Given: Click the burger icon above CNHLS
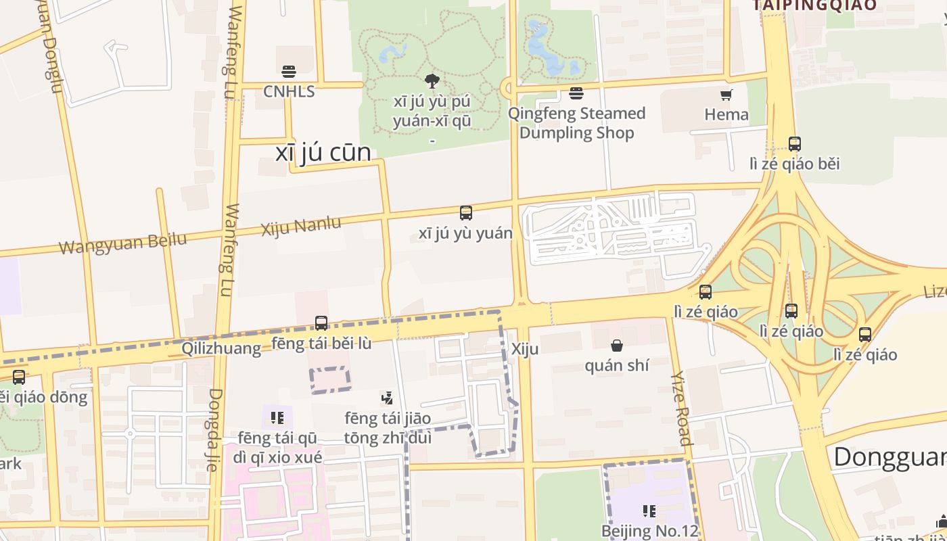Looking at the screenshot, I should [x=289, y=72].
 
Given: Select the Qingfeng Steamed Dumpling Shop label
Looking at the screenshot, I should [x=576, y=122].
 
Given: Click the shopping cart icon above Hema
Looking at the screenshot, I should [x=726, y=95].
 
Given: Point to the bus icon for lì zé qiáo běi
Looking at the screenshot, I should [x=794, y=143].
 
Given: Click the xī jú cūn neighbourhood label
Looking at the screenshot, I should [x=323, y=152].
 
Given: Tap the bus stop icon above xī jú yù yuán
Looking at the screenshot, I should [x=465, y=213].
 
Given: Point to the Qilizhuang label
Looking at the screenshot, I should [x=221, y=348].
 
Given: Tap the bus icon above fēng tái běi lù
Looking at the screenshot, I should [x=321, y=323].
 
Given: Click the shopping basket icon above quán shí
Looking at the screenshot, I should [x=617, y=346].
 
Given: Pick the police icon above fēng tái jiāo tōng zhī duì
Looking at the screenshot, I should [x=387, y=398].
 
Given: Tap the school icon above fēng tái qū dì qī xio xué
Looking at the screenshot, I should [x=277, y=418].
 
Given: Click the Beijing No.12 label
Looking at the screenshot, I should [x=649, y=531].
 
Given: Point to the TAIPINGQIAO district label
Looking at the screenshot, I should [x=814, y=5].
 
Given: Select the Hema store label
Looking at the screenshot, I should [x=726, y=114].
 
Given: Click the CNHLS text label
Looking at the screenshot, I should [x=289, y=91].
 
